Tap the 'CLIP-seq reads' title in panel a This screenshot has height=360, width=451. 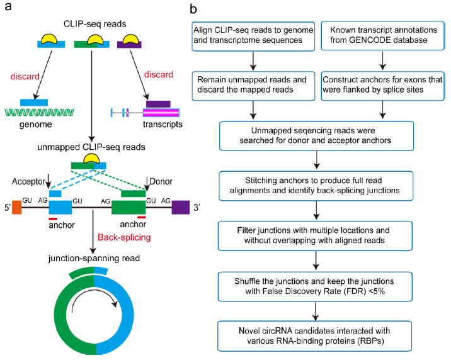(x=92, y=24)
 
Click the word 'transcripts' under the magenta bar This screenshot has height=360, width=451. (x=162, y=124)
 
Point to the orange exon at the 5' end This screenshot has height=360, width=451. (x=17, y=206)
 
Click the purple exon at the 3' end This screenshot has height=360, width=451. (x=181, y=207)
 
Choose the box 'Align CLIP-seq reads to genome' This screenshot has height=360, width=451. (x=253, y=35)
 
